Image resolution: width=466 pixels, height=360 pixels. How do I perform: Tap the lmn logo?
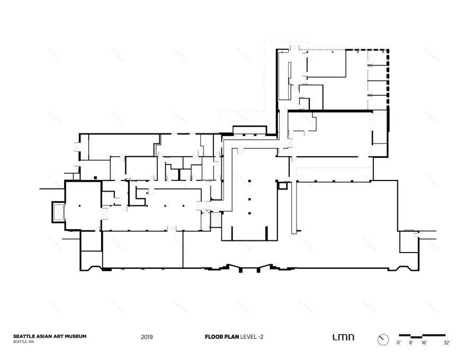(x=343, y=337)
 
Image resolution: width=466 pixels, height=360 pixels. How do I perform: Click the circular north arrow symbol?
(x=383, y=339)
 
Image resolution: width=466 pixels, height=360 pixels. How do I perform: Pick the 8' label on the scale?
(x=410, y=344)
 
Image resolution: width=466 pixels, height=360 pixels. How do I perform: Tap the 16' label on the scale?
(x=423, y=344)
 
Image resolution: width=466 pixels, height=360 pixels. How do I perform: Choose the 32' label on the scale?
(x=446, y=344)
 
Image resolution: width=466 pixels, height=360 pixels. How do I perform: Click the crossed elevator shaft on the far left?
(x=57, y=212)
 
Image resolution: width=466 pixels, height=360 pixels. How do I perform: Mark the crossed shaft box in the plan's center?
(x=215, y=218)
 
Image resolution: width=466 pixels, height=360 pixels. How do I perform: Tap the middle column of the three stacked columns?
(x=249, y=199)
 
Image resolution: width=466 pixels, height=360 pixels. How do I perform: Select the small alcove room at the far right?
(x=408, y=241)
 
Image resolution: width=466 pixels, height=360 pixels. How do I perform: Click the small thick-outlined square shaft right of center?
(x=283, y=185)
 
